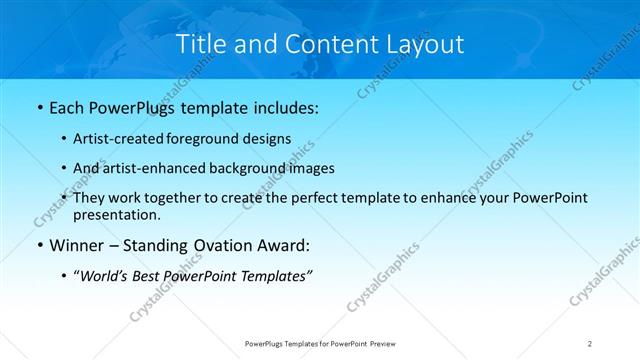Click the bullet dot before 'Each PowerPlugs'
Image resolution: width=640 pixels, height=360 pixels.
[x=38, y=106]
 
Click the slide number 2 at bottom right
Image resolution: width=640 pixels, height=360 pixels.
[x=589, y=343]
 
